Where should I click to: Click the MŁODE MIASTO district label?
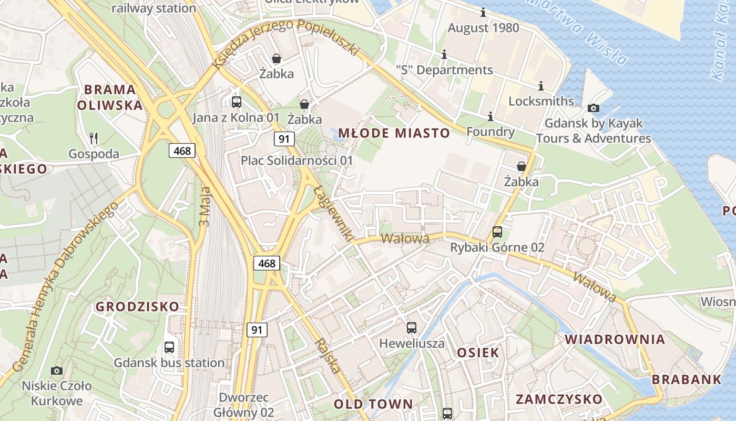coord(394,133)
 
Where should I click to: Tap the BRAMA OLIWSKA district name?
coord(110,97)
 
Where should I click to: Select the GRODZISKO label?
coord(137,306)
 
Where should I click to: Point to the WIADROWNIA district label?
coord(615,339)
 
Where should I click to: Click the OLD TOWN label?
coord(373,404)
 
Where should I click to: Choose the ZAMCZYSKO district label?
coord(559,399)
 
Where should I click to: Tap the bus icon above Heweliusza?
coord(412,328)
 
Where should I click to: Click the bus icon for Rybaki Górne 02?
coord(497,232)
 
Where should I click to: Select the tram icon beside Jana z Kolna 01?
coord(237,102)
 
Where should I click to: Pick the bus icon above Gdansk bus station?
coord(169,347)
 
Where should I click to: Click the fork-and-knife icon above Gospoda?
coord(94,138)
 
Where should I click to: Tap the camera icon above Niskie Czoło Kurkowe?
coord(57,370)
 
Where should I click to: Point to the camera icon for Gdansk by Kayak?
coord(594,108)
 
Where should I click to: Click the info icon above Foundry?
coord(490,116)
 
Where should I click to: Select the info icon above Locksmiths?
coord(541,86)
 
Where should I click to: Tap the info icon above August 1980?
coord(483,13)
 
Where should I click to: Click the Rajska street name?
coord(328,356)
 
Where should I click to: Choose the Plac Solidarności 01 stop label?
coord(297,160)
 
